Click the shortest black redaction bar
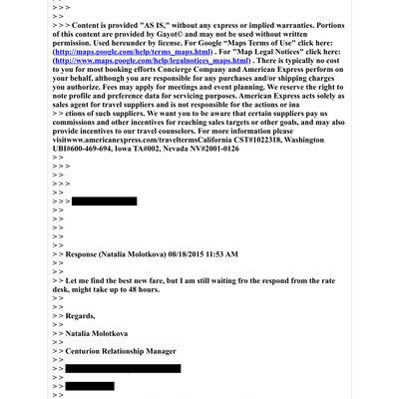(90, 386)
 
